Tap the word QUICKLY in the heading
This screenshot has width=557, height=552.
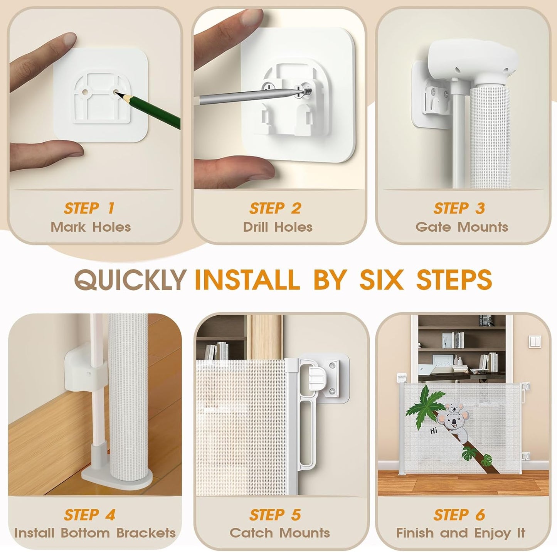(129, 279)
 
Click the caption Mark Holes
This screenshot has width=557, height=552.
(91, 227)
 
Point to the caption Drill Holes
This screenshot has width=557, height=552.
(278, 227)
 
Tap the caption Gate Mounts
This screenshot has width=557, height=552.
(462, 227)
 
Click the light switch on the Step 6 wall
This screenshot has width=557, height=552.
(535, 342)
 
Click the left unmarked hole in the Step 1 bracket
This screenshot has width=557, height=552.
(85, 92)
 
